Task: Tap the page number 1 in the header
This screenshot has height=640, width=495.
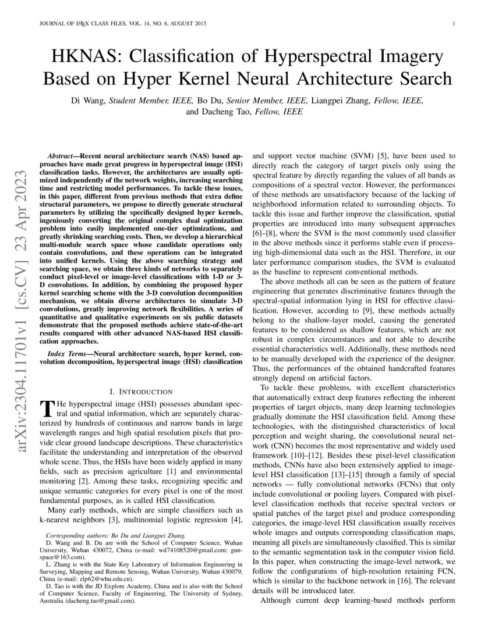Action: click(453, 24)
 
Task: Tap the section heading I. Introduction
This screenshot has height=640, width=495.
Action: click(142, 392)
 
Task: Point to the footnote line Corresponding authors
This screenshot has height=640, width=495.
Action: click(116, 535)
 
